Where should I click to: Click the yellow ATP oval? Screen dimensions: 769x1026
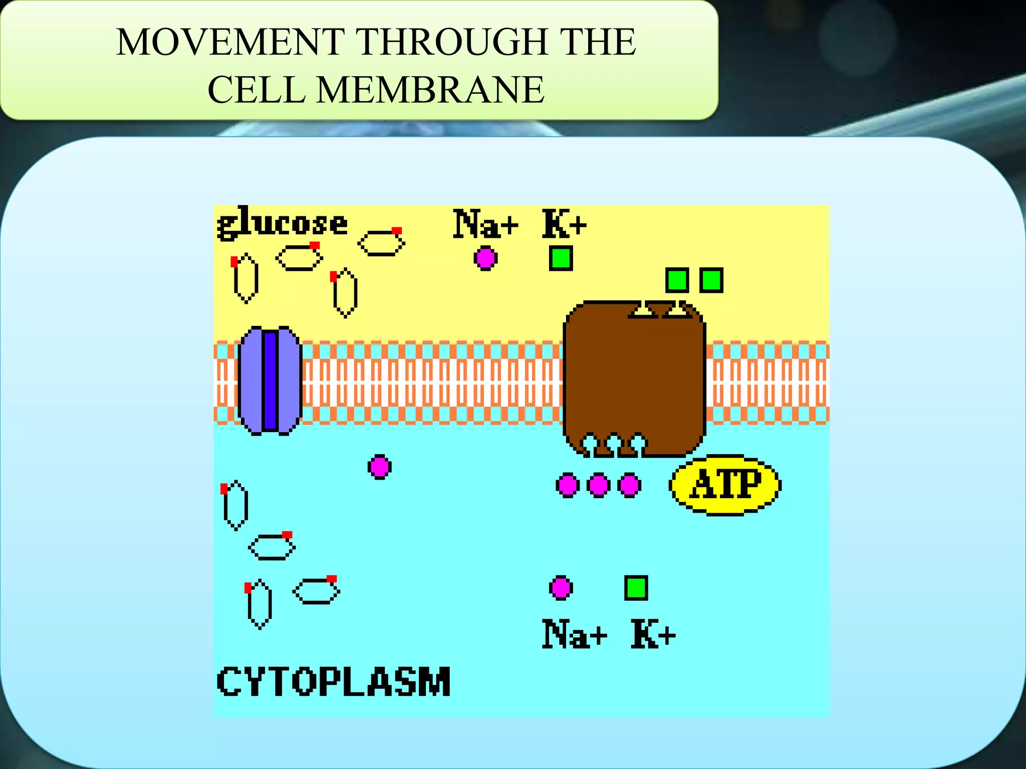(725, 484)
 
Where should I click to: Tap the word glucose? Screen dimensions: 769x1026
(282, 223)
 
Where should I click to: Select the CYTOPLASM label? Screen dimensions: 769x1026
(334, 681)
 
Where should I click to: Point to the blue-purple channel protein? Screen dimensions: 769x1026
(270, 380)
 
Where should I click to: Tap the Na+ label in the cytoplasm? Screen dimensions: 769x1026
(574, 634)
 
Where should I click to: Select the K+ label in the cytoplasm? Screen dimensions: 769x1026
(653, 634)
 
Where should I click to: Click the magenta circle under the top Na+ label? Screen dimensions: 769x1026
(485, 258)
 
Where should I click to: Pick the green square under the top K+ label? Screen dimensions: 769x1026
(561, 258)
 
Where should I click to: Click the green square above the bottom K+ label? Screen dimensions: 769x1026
(636, 588)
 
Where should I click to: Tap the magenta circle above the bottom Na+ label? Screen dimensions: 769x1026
(561, 588)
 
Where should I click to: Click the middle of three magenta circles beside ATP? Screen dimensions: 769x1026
(598, 485)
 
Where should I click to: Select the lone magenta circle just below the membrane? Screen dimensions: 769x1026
(379, 467)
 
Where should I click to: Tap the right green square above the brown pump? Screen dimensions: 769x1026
(711, 280)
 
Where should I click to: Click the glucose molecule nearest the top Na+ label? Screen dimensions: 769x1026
(382, 243)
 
